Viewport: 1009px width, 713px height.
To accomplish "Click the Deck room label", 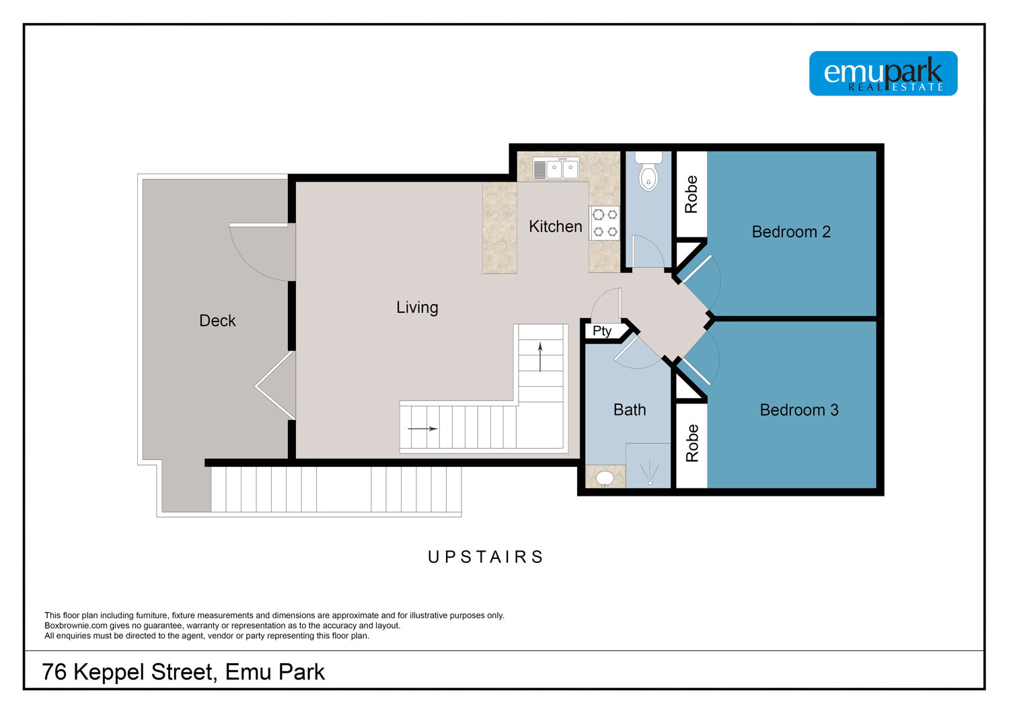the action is click(x=217, y=321).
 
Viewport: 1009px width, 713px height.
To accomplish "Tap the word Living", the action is click(x=417, y=307).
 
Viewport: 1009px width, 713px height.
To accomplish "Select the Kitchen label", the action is click(x=556, y=227).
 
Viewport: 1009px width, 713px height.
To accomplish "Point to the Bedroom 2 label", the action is click(x=791, y=231).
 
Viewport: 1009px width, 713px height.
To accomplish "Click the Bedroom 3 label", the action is click(x=799, y=410).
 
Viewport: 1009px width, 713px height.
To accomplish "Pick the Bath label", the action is click(x=630, y=410).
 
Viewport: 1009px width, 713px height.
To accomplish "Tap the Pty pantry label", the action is click(x=602, y=331).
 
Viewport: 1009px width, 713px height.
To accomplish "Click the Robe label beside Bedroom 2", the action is click(x=691, y=194).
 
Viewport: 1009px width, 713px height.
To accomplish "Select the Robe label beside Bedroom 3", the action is click(x=692, y=443).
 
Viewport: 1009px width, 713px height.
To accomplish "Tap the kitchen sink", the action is click(x=556, y=168).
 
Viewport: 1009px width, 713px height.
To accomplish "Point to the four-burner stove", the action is click(x=605, y=223).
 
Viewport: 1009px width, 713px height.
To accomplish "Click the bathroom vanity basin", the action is click(x=605, y=478).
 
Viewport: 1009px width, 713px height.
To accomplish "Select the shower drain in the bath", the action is click(x=650, y=483).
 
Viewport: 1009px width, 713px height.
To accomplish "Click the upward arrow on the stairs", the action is click(x=540, y=357).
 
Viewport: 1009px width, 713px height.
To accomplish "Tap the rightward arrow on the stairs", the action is click(x=422, y=428).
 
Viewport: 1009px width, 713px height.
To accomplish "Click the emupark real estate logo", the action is click(x=883, y=73).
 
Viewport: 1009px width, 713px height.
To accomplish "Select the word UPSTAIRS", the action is click(x=486, y=557).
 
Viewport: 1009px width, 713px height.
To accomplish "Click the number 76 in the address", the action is click(x=54, y=672).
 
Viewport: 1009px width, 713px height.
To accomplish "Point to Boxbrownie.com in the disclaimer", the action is click(x=76, y=626).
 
